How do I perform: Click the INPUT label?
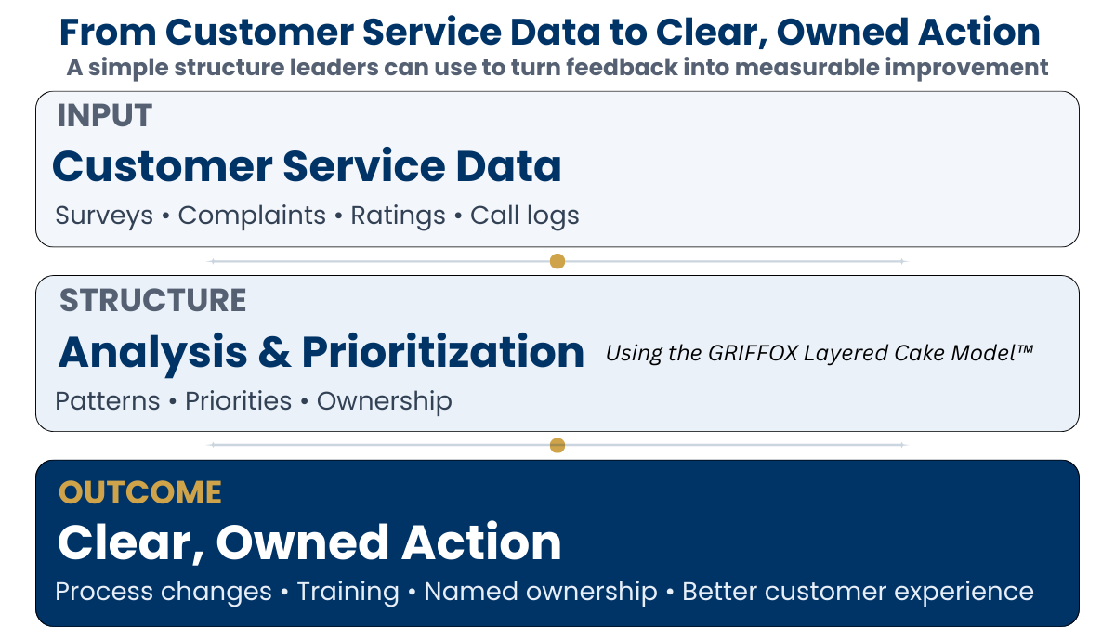[x=104, y=116]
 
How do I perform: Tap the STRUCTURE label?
[x=153, y=301]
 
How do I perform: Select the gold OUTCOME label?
[x=140, y=492]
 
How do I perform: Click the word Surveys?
[x=104, y=216]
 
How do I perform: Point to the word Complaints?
[x=252, y=216]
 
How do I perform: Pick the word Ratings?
[x=398, y=216]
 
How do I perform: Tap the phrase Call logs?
[x=524, y=216]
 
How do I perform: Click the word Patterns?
[x=108, y=401]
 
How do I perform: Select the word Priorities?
[x=239, y=401]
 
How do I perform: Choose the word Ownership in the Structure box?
[x=385, y=401]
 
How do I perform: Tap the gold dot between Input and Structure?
[x=557, y=261]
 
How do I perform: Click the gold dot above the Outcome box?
[x=557, y=445]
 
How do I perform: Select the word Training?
[x=348, y=592]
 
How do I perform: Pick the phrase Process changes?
[x=164, y=592]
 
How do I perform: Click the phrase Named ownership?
[x=541, y=592]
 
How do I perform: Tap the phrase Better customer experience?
[x=858, y=592]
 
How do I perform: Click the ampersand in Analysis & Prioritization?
[x=274, y=353]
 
